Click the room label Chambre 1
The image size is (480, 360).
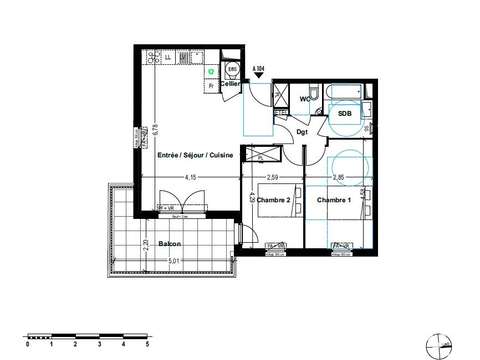pyautogui.click(x=334, y=201)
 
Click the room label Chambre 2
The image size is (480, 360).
pyautogui.click(x=273, y=201)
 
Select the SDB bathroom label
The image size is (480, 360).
pyautogui.click(x=344, y=114)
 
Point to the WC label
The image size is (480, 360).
pyautogui.click(x=308, y=99)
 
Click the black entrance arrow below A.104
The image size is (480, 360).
pyautogui.click(x=259, y=77)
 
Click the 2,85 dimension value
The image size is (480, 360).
pyautogui.click(x=337, y=178)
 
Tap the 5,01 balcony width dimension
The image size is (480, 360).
pyautogui.click(x=175, y=261)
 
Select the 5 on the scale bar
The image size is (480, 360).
pyautogui.click(x=148, y=343)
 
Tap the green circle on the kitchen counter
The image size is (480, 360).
pyautogui.click(x=211, y=72)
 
